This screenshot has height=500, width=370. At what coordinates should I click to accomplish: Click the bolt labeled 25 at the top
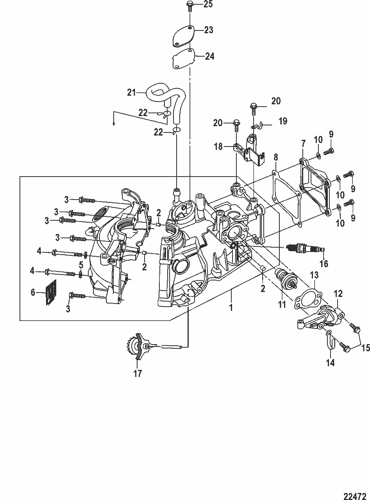click(189, 6)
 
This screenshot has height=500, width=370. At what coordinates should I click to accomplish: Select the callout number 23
click(208, 30)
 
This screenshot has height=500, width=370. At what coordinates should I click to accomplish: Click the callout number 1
click(231, 307)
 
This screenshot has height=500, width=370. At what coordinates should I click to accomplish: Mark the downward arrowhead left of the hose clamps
click(114, 124)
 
